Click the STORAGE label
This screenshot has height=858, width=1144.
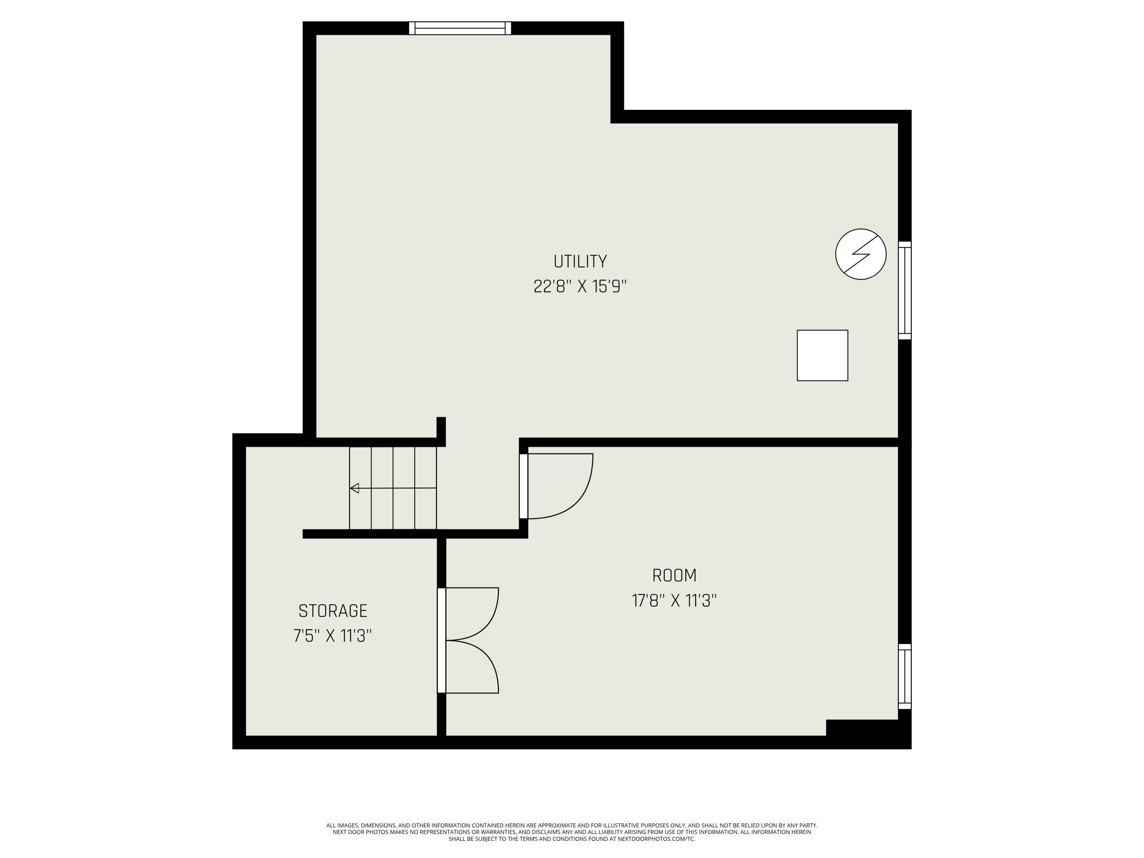pos(333,611)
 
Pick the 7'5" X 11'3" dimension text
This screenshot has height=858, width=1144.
pos(333,636)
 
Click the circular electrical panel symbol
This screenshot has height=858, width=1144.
pos(861,254)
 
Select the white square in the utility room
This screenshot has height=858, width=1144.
pos(822,355)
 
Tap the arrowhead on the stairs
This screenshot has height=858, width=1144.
pos(355,488)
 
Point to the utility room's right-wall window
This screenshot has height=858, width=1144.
pos(905,290)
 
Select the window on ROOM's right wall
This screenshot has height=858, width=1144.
pos(905,676)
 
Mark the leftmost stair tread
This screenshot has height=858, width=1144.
pos(360,488)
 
